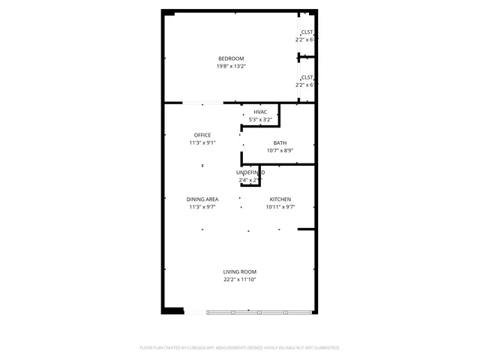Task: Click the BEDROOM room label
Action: click(231, 58)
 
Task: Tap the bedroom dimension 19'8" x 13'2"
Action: click(231, 66)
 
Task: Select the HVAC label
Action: click(260, 112)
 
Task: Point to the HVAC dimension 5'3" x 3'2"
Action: click(260, 119)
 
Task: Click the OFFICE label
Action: click(202, 135)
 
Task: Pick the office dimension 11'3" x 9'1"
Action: click(202, 142)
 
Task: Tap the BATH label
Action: click(280, 143)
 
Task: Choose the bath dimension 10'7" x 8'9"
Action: click(280, 151)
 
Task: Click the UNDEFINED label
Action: click(250, 172)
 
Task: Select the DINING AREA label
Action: click(202, 199)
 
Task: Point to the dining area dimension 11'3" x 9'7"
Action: click(202, 207)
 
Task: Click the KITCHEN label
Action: click(280, 199)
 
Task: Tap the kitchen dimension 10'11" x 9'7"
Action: click(280, 207)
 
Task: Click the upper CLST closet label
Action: click(307, 32)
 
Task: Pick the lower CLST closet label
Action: click(307, 77)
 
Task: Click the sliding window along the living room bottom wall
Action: click(259, 310)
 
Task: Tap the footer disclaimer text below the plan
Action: click(240, 348)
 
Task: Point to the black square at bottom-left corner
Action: click(173, 310)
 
